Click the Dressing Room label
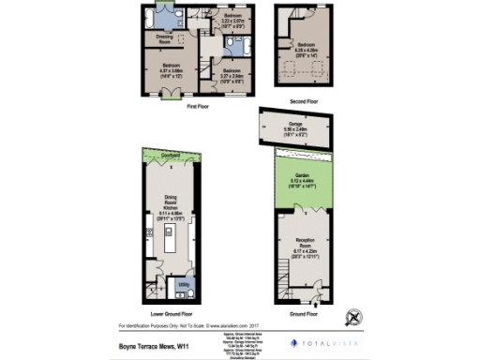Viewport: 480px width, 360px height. coord(164,39)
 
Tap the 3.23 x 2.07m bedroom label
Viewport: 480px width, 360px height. coord(234,22)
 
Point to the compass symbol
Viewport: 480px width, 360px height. coord(352,316)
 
